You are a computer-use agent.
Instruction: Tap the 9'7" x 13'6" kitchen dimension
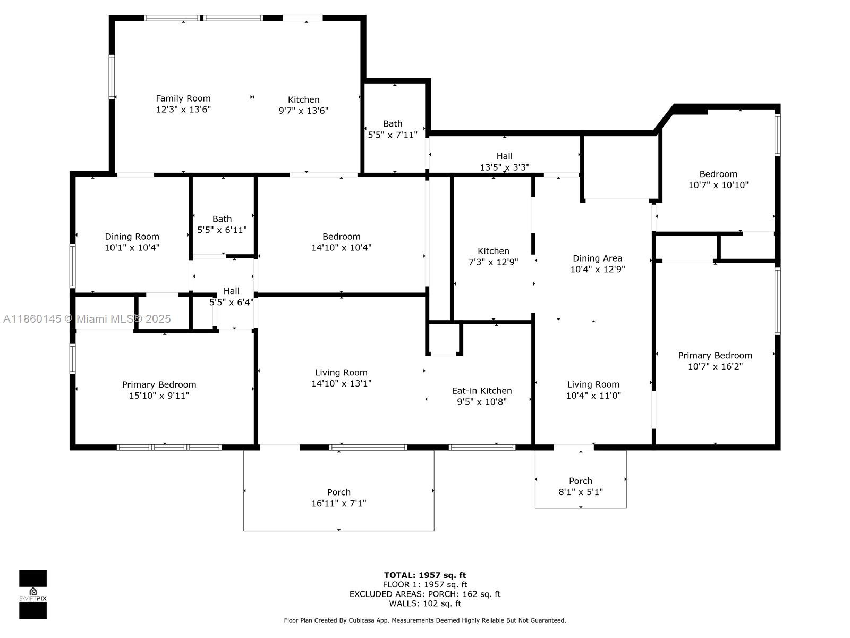[303, 111]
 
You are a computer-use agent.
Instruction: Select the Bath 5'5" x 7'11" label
[393, 129]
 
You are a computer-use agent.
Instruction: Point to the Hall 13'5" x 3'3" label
[505, 162]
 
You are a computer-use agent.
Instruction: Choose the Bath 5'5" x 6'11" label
[222, 224]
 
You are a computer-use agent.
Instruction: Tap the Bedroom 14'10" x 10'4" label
[341, 242]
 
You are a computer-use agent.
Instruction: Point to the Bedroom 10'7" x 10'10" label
[718, 179]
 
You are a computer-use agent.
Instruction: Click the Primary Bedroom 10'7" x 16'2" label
[715, 361]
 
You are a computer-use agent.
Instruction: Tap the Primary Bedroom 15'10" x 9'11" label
[159, 390]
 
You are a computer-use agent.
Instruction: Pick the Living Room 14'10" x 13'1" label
[341, 378]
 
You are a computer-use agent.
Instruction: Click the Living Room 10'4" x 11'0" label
[593, 390]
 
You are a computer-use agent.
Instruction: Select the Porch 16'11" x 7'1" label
[339, 498]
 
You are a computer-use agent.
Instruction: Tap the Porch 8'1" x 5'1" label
[581, 486]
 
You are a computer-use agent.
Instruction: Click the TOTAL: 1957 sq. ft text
[425, 575]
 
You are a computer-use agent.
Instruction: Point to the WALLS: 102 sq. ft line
[425, 603]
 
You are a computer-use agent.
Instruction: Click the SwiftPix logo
[33, 594]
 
